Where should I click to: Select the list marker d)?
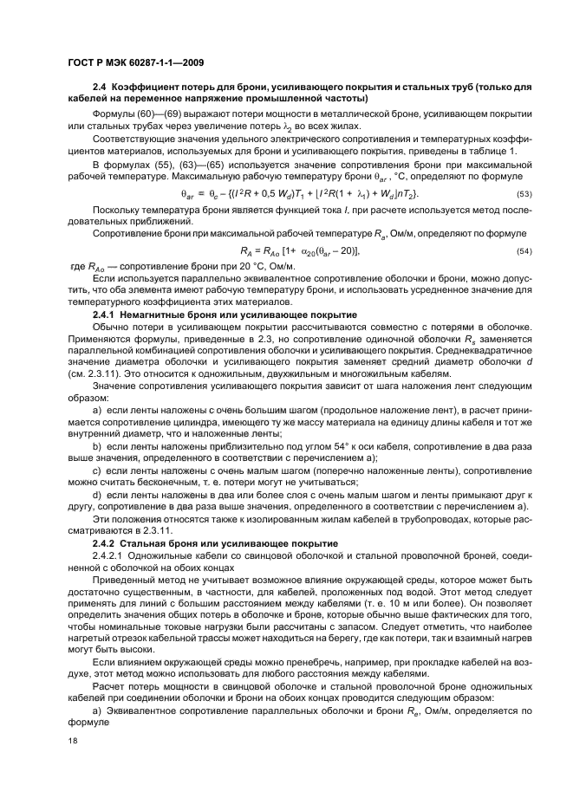(x=97, y=493)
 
